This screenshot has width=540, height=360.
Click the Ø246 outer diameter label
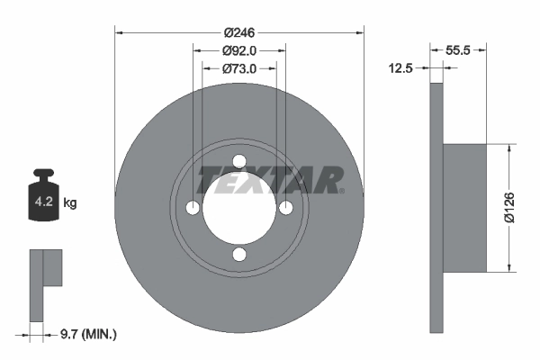pyautogui.click(x=239, y=32)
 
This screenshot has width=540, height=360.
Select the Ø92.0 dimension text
pyautogui.click(x=239, y=51)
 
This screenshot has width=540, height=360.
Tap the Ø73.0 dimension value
pyautogui.click(x=239, y=69)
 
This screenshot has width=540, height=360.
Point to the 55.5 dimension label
pyautogui.click(x=458, y=50)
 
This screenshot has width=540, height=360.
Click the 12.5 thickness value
pyautogui.click(x=400, y=68)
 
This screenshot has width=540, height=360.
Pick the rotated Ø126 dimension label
pyautogui.click(x=509, y=208)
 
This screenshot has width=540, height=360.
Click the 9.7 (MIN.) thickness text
pyautogui.click(x=88, y=334)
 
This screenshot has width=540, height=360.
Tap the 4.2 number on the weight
pyautogui.click(x=44, y=202)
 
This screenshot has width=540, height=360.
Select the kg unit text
pyautogui.click(x=70, y=202)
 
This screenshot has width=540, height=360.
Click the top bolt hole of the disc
pyautogui.click(x=239, y=161)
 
